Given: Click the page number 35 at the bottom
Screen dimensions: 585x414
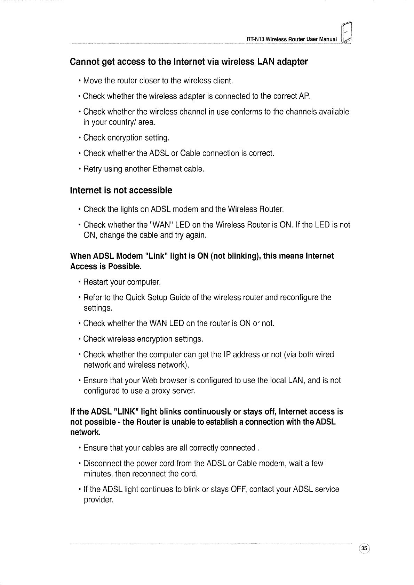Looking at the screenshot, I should [364, 548].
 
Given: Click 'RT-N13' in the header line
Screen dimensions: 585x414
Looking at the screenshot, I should [254, 39].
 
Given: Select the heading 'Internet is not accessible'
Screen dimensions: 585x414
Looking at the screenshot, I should [121, 190].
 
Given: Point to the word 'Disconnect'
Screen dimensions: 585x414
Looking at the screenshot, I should [102, 463].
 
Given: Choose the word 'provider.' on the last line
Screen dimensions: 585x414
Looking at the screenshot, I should [98, 500].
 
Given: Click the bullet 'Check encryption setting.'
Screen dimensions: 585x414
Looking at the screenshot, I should [126, 138].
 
